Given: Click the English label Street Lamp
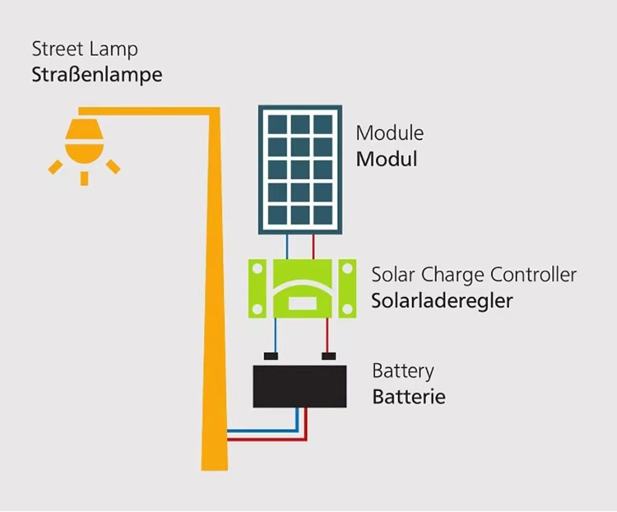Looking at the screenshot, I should click(x=85, y=49).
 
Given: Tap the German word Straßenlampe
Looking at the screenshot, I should click(x=97, y=75).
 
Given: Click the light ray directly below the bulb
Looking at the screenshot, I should click(x=84, y=178).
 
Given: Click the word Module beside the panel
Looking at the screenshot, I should click(x=389, y=133).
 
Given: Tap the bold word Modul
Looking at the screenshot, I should click(x=386, y=159).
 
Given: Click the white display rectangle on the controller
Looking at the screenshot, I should click(x=302, y=303).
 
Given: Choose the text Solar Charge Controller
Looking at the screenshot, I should click(x=473, y=275).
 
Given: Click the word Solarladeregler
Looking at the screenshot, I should click(x=442, y=301).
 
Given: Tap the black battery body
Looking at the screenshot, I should click(x=300, y=387).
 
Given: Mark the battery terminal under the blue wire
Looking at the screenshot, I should click(x=271, y=356).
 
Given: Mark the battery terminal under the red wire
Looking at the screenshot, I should click(x=328, y=356).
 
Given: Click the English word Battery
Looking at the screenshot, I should click(x=403, y=371).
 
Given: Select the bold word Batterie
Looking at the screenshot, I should click(x=408, y=397).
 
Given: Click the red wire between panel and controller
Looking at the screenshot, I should click(x=313, y=246).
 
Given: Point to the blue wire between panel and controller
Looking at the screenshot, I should click(x=287, y=246).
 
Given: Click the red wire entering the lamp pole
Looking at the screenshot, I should click(x=247, y=440).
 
